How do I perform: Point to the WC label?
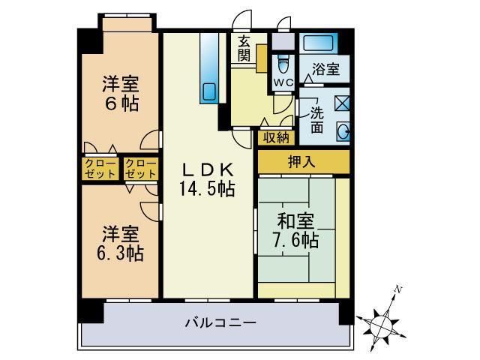[283, 82]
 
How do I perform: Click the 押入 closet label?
[303, 160]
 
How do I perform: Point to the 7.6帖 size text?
[298, 241]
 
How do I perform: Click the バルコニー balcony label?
[220, 324]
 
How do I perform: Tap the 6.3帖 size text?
[120, 251]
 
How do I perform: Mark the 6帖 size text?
[121, 103]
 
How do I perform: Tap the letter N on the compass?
[400, 289]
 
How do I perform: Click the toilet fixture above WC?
[283, 59]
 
